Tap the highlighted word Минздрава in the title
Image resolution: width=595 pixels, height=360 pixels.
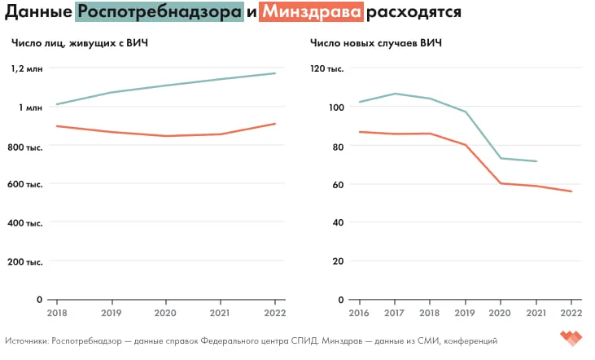[x=311, y=13]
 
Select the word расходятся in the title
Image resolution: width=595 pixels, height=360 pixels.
[x=413, y=13]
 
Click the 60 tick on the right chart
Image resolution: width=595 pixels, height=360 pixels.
[x=333, y=185]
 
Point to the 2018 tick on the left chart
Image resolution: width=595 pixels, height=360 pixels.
[x=57, y=313]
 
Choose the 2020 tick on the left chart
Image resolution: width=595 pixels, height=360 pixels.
[x=166, y=313]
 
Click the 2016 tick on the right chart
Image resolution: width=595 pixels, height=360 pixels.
[x=359, y=313]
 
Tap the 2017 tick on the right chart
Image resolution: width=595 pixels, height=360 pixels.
[x=395, y=313]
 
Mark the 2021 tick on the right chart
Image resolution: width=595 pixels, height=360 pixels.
[x=536, y=313]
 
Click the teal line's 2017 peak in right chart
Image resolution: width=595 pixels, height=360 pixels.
[x=395, y=94]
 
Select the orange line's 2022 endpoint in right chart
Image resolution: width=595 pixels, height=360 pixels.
[x=572, y=191]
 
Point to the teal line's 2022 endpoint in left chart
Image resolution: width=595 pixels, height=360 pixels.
[x=275, y=73]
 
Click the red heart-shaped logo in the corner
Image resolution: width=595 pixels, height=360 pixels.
[x=571, y=337]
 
